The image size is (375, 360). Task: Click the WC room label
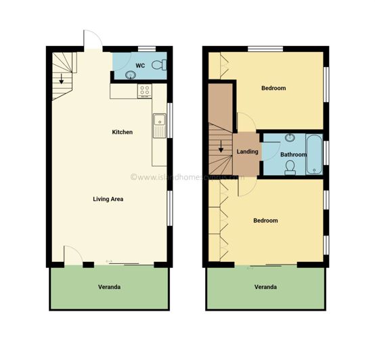point(140,65)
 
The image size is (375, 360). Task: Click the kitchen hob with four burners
point(144,90)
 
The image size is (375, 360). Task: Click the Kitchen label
point(122,132)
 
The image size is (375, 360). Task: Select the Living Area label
point(108,199)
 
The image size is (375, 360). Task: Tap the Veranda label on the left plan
point(109,287)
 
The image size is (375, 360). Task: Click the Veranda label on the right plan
point(265,287)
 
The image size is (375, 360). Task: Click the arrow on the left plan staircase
point(62,78)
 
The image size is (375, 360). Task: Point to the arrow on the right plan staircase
point(220,145)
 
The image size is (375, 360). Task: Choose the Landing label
point(247,152)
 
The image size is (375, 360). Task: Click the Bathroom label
point(293,154)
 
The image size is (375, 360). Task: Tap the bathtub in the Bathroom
point(315,154)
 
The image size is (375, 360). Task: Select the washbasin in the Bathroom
point(290,138)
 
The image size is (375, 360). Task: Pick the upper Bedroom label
point(273,88)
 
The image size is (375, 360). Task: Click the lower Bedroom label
point(265,221)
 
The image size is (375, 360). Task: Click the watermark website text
point(187,177)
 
